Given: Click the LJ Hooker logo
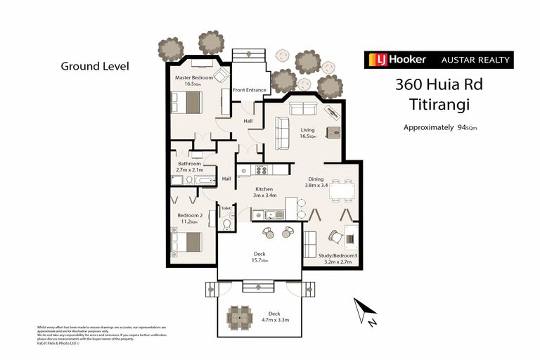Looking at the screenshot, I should point(396,60).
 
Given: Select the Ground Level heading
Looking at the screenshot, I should point(95,66).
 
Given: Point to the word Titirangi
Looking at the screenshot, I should point(439,105).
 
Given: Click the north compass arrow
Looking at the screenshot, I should point(366,310).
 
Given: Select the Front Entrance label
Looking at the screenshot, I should point(250,89).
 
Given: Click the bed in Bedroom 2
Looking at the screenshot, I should point(186,243).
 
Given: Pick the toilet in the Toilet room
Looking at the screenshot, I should point(226,224).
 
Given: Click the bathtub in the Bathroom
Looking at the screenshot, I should point(205,180).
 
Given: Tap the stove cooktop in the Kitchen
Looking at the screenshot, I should point(262,169).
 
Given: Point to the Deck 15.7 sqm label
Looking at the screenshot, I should point(259,257).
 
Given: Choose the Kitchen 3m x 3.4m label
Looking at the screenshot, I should point(255,193).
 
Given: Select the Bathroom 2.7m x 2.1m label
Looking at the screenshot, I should point(190,167).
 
